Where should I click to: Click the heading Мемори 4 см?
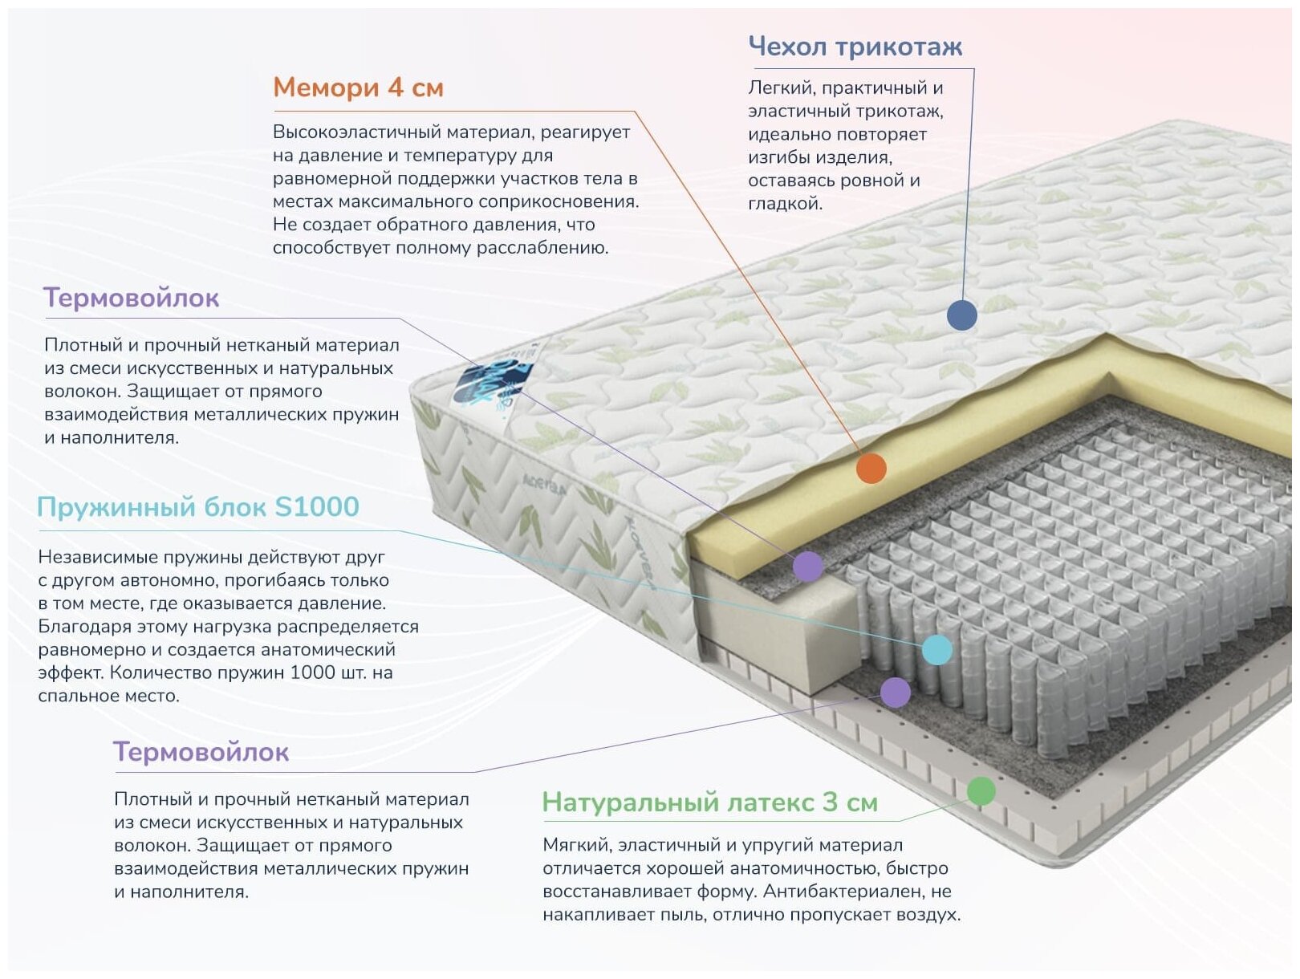[x=358, y=87]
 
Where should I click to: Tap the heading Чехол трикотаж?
[x=855, y=47]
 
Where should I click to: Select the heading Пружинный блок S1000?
[x=197, y=507]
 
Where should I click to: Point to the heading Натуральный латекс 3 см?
[x=709, y=802]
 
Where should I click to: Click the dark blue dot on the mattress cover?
[x=961, y=315]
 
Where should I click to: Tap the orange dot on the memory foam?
[x=871, y=468]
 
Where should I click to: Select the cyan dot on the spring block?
[x=936, y=649]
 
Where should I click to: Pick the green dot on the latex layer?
[x=981, y=791]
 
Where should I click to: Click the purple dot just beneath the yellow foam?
[x=807, y=567]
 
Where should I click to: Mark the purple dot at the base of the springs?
[x=895, y=692]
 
